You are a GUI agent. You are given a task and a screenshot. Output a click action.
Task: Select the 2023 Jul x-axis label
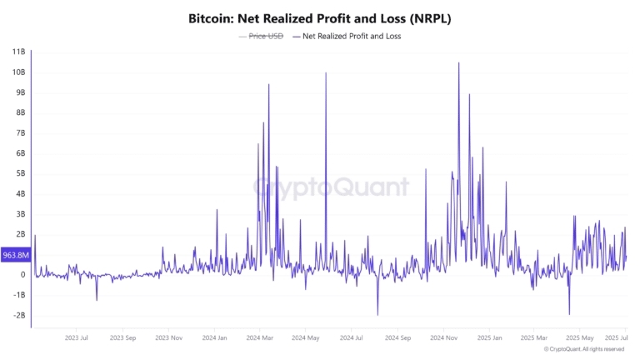[77, 338]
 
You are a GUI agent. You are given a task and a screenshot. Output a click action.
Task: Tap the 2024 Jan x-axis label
[215, 338]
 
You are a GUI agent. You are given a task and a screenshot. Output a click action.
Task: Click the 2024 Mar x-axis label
[260, 338]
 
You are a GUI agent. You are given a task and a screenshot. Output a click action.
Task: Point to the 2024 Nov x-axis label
[444, 338]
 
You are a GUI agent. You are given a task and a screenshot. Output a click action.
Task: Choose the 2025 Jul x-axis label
[616, 338]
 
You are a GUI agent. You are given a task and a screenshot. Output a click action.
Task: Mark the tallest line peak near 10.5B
[458, 62]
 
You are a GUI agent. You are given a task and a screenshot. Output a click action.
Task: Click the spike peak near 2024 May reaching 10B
[326, 72]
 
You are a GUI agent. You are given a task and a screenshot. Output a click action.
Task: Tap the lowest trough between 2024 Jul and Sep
[377, 315]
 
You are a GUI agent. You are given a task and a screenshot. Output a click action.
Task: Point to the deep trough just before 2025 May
[569, 314]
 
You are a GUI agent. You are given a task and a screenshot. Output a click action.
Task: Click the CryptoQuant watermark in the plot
[331, 187]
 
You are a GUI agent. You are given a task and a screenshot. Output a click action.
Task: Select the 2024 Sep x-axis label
[398, 338]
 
